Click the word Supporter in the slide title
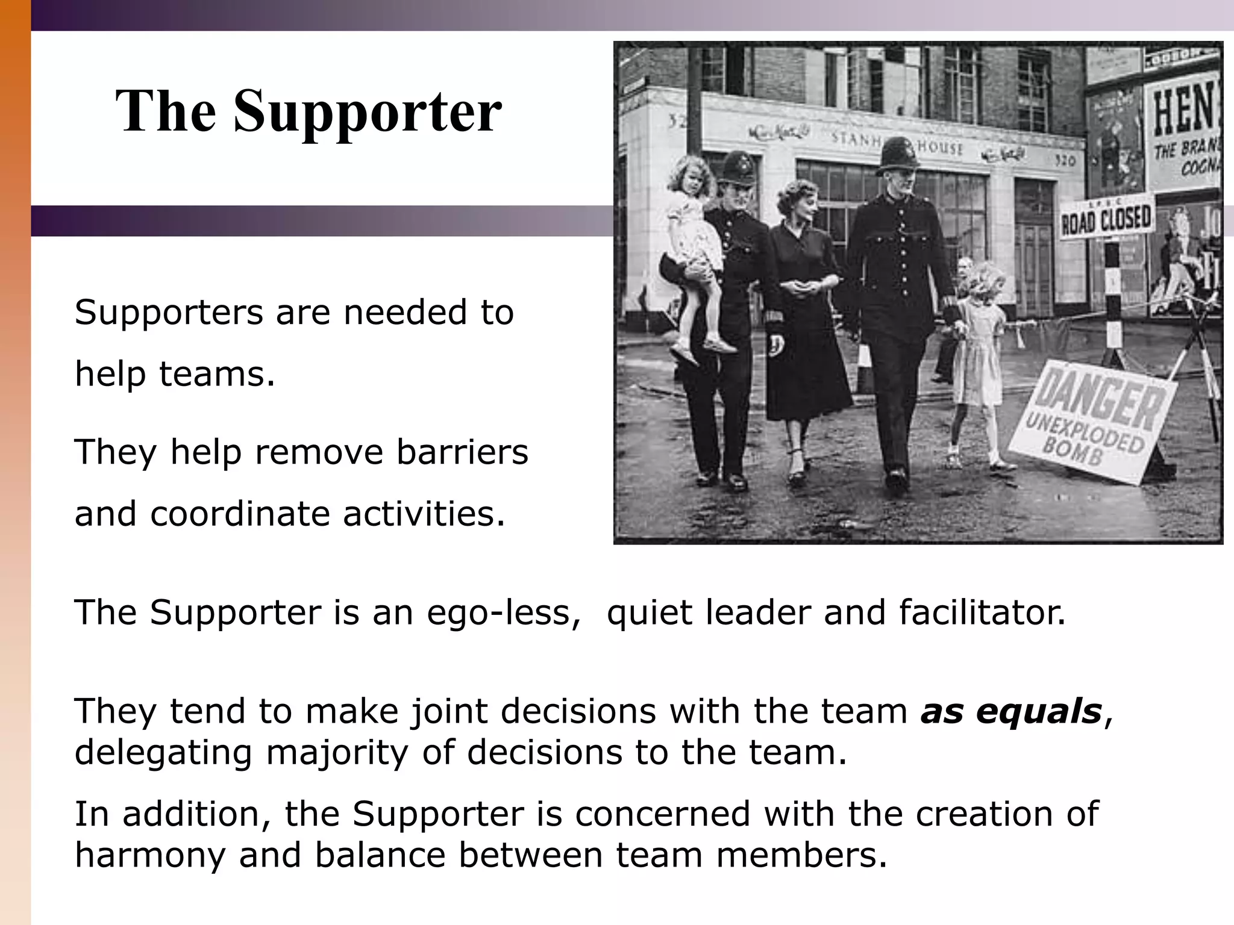tap(368, 112)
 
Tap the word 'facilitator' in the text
tap(982, 612)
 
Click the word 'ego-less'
tap(504, 614)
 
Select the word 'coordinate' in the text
tap(239, 514)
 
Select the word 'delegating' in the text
tap(163, 753)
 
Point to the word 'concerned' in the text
tap(663, 814)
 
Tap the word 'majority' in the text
tap(337, 753)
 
